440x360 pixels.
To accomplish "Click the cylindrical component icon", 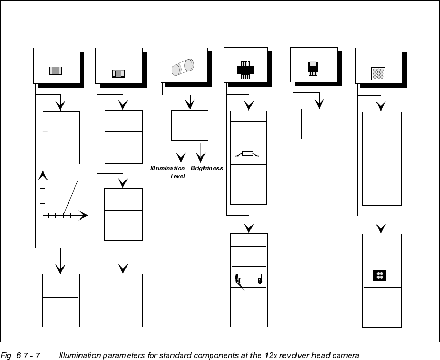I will pos(182,68).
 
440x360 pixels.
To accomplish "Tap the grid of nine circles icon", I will pos(378,73).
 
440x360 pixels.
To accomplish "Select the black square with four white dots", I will pos(380,276).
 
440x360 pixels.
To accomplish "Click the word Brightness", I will pos(207,168).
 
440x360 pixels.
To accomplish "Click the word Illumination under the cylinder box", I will pos(167,168).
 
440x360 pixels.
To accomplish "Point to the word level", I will pos(178,176).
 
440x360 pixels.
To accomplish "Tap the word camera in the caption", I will pos(345,355).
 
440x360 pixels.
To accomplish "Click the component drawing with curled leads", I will pos(248,279).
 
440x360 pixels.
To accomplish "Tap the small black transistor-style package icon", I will pos(312,68).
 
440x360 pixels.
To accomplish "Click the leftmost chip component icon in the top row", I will pos(55,71).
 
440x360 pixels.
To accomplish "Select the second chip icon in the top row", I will pos(118,73).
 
